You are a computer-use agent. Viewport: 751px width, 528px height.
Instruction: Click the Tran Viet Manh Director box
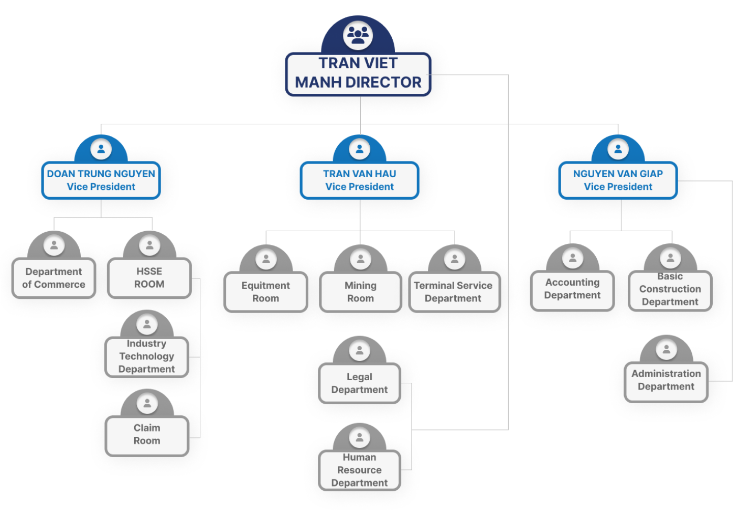[358, 74]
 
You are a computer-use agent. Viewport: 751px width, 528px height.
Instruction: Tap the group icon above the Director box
[358, 35]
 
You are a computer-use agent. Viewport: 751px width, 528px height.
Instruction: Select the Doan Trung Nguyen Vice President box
[101, 180]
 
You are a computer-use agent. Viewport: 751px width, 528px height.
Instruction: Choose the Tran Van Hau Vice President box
[360, 180]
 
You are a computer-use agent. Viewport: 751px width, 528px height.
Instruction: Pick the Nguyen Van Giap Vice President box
[618, 180]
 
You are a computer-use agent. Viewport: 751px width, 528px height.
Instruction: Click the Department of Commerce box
[53, 278]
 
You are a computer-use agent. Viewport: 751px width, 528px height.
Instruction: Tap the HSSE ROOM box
[149, 278]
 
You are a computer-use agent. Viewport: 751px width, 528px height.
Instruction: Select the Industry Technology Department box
[147, 357]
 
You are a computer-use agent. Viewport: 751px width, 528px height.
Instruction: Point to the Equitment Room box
[266, 292]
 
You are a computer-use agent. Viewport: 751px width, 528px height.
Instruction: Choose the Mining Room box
[361, 292]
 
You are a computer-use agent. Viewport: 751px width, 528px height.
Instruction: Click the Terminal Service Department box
[454, 292]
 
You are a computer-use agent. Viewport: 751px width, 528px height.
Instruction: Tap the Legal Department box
[360, 383]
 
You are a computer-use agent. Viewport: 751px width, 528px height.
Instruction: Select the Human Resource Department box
[360, 470]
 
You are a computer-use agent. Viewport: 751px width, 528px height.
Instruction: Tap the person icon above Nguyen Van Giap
[618, 149]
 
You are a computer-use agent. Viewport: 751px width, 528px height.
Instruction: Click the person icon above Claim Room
[147, 403]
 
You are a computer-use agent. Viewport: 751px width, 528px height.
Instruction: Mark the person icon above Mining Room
[361, 259]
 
